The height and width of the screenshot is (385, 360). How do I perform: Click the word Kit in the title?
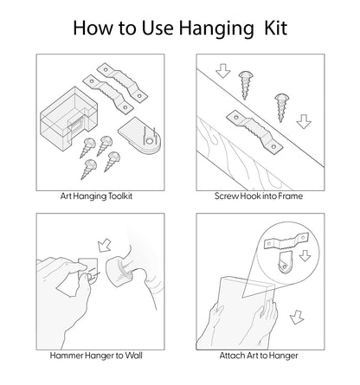click(276, 28)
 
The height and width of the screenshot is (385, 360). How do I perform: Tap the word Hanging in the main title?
click(216, 29)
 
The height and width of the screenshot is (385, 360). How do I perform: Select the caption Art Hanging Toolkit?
click(96, 196)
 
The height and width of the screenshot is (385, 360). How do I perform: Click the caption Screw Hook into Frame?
click(259, 196)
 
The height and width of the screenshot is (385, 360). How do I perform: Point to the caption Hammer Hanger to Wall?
click(96, 356)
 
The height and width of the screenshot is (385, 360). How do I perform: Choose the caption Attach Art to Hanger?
click(259, 356)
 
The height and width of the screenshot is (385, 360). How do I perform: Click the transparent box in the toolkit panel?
click(68, 118)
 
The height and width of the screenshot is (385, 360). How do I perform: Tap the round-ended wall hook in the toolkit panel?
click(139, 135)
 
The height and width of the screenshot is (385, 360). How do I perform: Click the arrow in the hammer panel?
click(104, 245)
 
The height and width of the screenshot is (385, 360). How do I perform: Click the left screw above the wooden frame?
click(246, 85)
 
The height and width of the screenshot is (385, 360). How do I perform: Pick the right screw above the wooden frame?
click(281, 107)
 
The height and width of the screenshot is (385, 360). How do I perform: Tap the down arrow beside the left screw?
click(223, 71)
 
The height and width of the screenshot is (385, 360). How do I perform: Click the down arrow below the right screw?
click(304, 122)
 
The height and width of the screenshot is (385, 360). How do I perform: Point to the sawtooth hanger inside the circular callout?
click(286, 241)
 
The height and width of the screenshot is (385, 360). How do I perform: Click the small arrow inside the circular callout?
click(305, 256)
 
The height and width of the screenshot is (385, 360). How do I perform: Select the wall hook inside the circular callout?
click(286, 262)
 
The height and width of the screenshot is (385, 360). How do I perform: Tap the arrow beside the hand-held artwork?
click(297, 317)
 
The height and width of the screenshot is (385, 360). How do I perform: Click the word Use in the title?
click(157, 28)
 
